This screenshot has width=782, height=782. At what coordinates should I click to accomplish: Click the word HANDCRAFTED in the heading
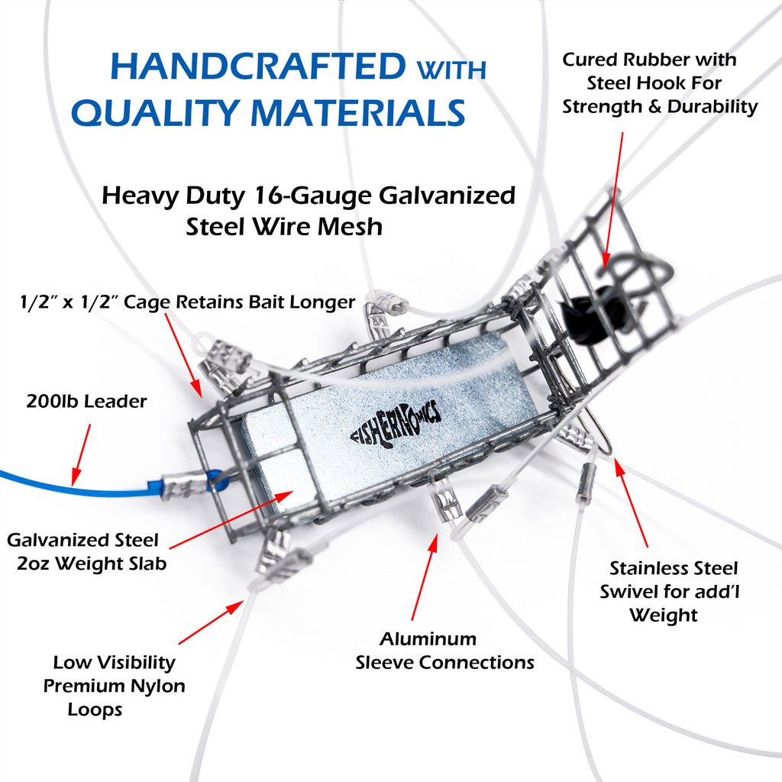pos(258,66)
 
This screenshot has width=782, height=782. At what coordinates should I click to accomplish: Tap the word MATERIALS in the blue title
pos(357,113)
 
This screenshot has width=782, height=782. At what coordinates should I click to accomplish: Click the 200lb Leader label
pos(86,402)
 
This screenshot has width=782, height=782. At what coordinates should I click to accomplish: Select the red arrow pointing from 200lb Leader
pos(81,454)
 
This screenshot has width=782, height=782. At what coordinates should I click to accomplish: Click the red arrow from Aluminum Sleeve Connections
pos(425,577)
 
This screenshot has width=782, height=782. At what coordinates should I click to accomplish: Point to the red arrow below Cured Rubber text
pos(614,201)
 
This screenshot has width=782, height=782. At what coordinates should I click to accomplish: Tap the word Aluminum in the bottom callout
pos(428,639)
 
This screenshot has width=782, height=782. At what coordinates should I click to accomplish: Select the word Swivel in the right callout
pos(630,592)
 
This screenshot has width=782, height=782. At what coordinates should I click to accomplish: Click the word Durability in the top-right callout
pos(713,107)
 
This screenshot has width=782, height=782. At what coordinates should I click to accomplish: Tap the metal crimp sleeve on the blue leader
pos(184,484)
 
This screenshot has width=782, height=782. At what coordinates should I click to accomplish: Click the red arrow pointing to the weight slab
pos(231,519)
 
